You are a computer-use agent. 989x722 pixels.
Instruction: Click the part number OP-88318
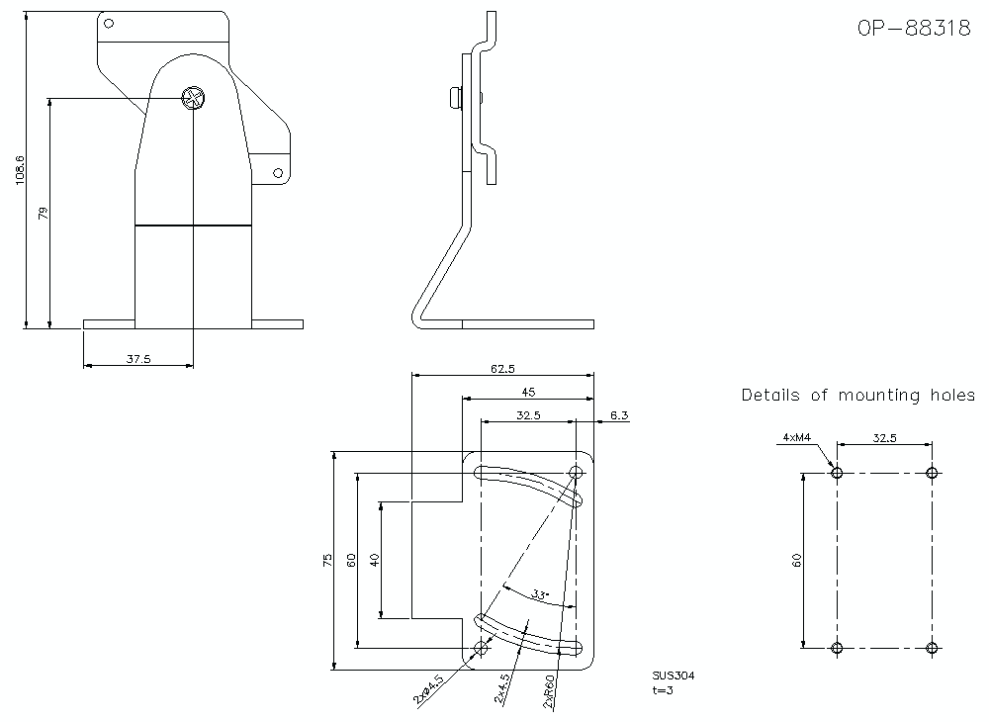point(914,29)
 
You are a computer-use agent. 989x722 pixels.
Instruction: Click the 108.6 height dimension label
point(20,172)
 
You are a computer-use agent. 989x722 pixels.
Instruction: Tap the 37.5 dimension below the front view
point(138,359)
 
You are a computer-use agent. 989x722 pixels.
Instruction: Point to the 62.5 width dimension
point(502,369)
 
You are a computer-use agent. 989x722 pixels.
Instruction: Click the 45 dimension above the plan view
point(529,393)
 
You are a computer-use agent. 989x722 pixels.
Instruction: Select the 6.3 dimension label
point(619,415)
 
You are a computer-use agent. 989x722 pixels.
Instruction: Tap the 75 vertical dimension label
point(328,561)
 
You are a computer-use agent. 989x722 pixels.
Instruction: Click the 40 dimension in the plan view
point(375,560)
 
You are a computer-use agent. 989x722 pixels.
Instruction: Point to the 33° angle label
point(539,594)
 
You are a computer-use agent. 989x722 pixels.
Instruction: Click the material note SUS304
point(674,677)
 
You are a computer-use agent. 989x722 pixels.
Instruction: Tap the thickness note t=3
point(663,690)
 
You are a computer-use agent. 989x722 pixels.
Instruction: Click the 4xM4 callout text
point(796,436)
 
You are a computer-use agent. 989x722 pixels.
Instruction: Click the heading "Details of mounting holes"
point(857,396)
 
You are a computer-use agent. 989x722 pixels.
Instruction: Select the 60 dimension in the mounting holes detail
point(796,561)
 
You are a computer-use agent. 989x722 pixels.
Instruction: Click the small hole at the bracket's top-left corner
point(110,23)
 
